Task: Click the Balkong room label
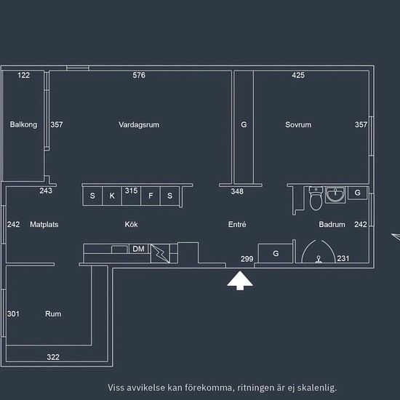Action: [23, 124]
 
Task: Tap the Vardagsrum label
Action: [139, 125]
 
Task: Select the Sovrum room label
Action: [298, 125]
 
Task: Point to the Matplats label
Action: [44, 225]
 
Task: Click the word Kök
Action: [131, 225]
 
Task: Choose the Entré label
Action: [237, 225]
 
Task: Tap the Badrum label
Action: [332, 225]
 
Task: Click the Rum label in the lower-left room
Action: [53, 313]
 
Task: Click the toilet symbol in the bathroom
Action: [316, 199]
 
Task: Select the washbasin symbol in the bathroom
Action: [335, 195]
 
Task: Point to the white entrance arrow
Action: [240, 280]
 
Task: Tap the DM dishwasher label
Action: [138, 249]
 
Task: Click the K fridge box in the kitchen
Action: [112, 196]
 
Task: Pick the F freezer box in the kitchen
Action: [151, 196]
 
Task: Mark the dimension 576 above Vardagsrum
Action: [139, 75]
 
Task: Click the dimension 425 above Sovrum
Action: [298, 75]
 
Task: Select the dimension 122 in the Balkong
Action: [23, 75]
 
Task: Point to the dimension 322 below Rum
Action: [53, 357]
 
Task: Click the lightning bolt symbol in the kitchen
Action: [160, 253]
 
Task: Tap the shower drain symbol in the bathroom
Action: [318, 260]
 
